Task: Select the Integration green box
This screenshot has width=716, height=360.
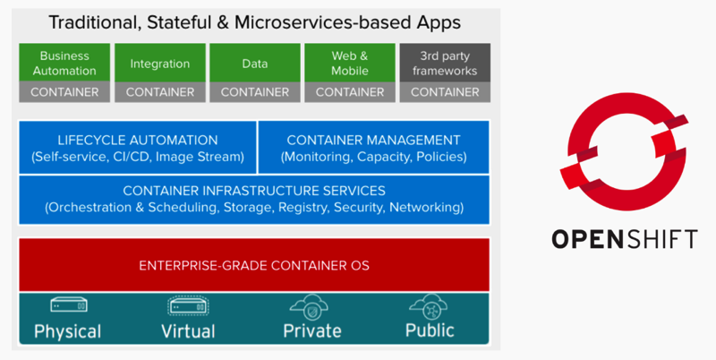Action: pyautogui.click(x=160, y=63)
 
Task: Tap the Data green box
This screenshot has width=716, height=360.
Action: pyautogui.click(x=255, y=63)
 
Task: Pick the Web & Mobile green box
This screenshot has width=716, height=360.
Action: pyautogui.click(x=350, y=63)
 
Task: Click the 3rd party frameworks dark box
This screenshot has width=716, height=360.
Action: pyautogui.click(x=445, y=63)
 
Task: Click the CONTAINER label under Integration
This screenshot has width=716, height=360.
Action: pyautogui.click(x=160, y=91)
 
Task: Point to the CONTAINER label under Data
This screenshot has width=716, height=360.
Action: pyautogui.click(x=255, y=91)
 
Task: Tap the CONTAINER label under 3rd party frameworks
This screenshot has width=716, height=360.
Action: pyautogui.click(x=445, y=91)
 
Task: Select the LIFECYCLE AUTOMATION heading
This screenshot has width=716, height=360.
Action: pyautogui.click(x=138, y=140)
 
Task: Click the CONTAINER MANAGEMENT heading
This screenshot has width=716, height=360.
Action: pyautogui.click(x=373, y=140)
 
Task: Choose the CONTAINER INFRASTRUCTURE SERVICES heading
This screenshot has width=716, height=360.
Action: pyautogui.click(x=254, y=190)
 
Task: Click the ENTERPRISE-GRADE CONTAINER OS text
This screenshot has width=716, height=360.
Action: pyautogui.click(x=254, y=265)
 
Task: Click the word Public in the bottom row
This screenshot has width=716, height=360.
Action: pyautogui.click(x=430, y=330)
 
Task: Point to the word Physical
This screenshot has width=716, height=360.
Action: pyautogui.click(x=67, y=331)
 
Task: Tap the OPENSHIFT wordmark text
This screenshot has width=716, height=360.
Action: pyautogui.click(x=624, y=239)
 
